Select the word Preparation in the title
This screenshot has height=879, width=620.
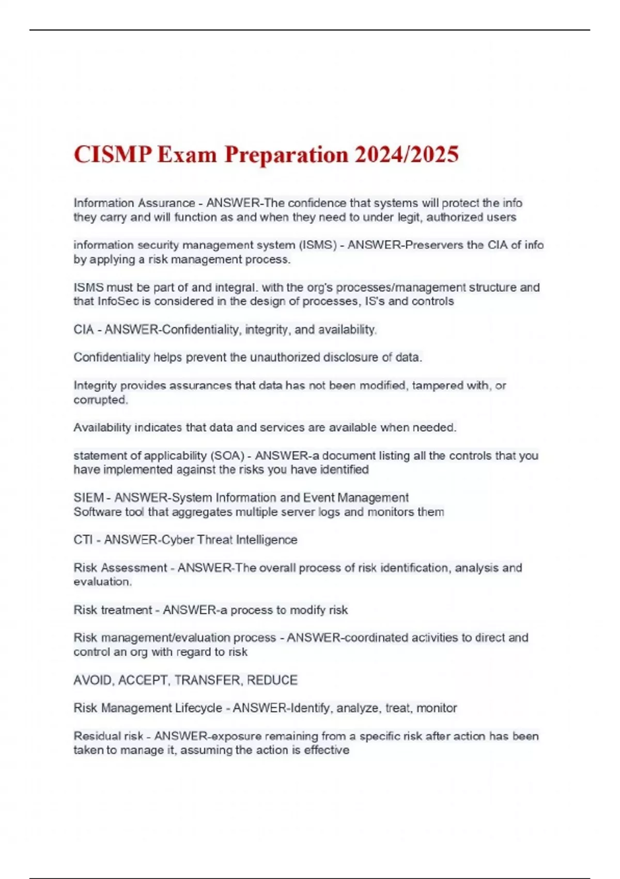[285, 155]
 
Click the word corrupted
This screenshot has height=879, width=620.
[100, 400]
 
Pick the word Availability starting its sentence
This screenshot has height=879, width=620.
[102, 428]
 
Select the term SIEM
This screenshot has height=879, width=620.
[88, 498]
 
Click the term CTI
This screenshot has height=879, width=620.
[83, 540]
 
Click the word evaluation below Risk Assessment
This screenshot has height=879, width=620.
[102, 582]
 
